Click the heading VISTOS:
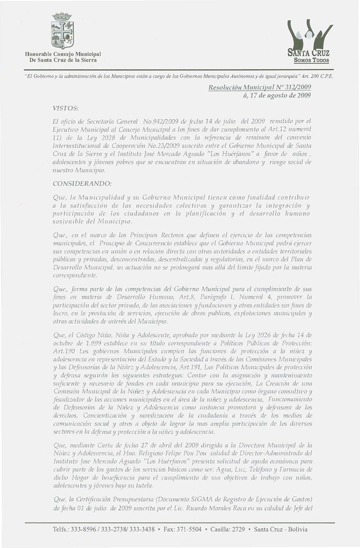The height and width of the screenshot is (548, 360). click(x=66, y=109)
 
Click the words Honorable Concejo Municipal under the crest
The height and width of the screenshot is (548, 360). click(x=63, y=54)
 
